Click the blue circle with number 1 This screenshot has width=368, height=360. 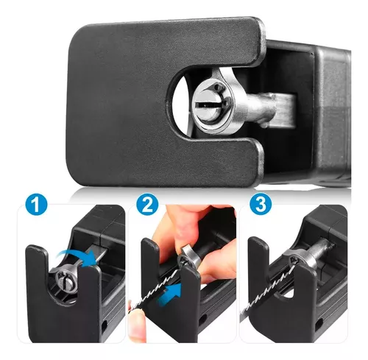36,205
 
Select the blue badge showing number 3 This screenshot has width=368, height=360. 261,205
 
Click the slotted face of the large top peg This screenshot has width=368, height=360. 210,105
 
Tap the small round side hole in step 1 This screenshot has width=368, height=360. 104,325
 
